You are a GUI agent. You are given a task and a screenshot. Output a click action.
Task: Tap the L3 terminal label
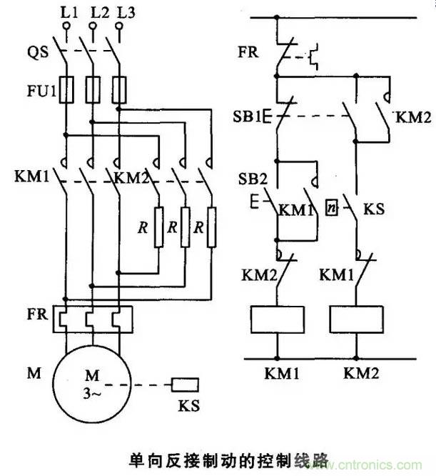coord(123,12)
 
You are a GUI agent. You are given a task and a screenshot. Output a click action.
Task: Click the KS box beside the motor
coord(186,385)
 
